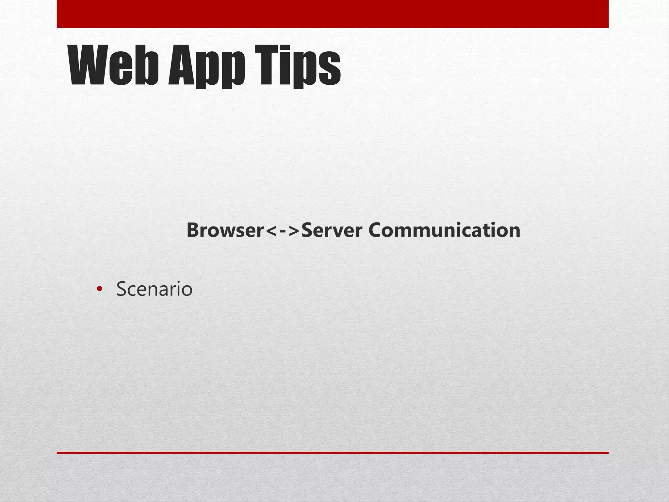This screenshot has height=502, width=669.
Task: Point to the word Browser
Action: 225,230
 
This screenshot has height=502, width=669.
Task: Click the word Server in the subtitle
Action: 332,230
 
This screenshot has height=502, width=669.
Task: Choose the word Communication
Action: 444,230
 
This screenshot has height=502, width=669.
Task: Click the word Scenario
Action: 154,289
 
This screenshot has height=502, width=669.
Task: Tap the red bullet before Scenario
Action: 100,289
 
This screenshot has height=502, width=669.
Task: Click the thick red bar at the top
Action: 333,14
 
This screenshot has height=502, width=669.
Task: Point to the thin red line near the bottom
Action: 333,453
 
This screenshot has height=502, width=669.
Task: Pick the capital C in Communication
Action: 376,230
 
